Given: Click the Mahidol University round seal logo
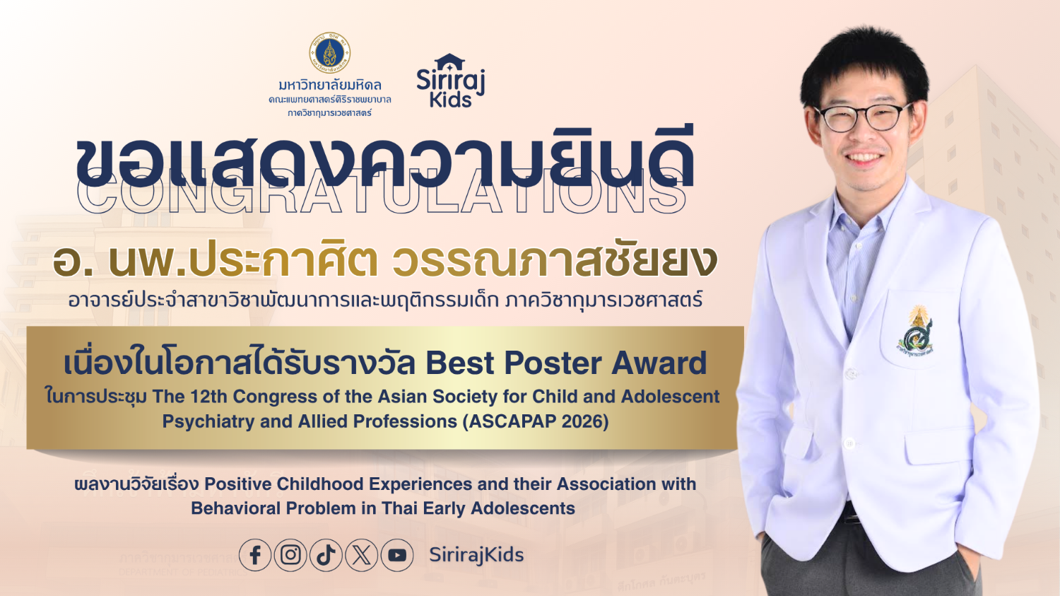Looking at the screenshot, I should click(329, 53).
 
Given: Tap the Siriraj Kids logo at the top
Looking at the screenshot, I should click(450, 81).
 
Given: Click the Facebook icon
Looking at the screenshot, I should click(255, 555).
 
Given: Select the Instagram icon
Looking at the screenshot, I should click(290, 555).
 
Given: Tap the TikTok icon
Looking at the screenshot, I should click(326, 555).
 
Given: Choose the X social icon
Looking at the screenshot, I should click(362, 555).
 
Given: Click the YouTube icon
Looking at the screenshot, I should click(397, 555).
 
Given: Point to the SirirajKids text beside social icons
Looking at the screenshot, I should click(476, 555).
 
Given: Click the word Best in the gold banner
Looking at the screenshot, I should click(459, 363).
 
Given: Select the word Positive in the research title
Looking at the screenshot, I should click(238, 484).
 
